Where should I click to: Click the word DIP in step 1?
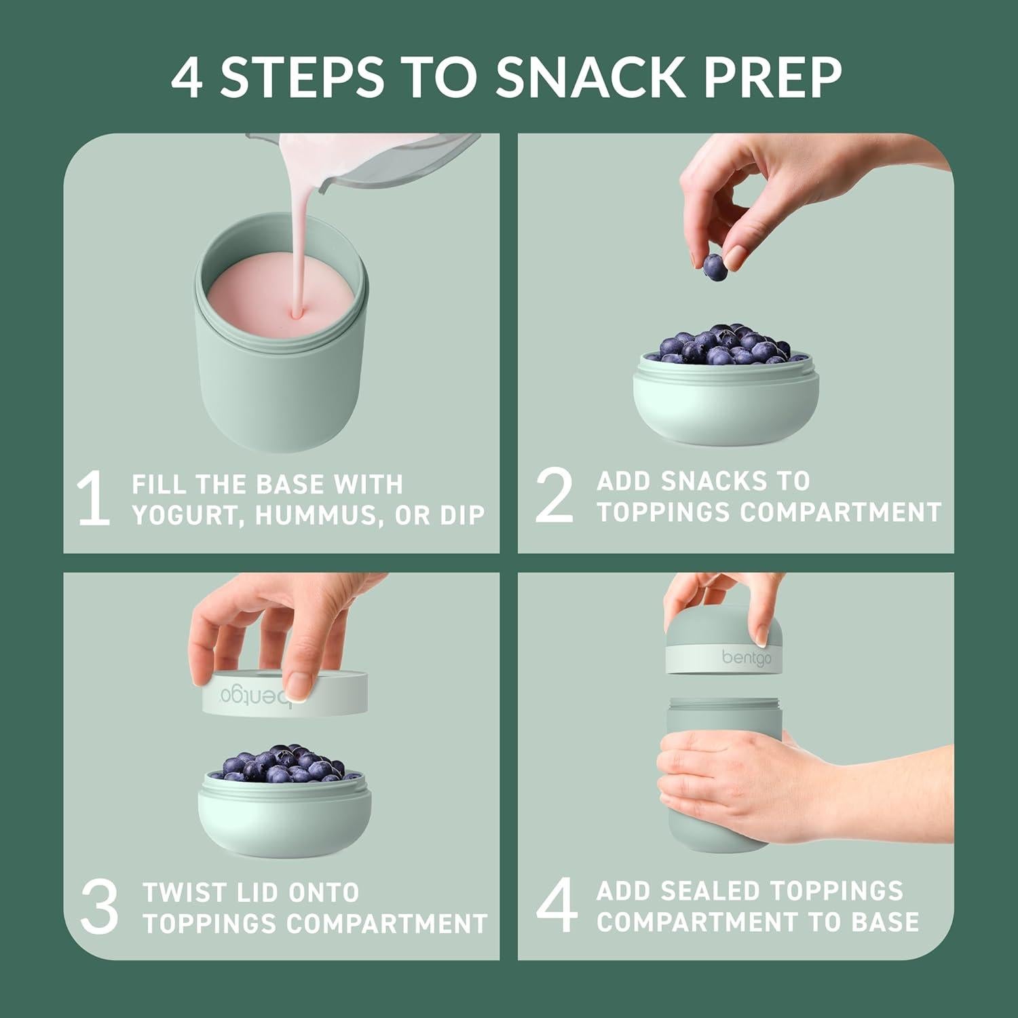click(463, 516)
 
